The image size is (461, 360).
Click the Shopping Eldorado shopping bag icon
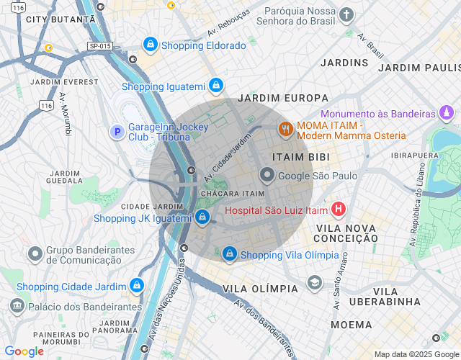pyautogui.click(x=150, y=45)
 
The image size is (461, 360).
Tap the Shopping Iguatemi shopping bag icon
pyautogui.click(x=215, y=86)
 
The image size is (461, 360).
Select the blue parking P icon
pyautogui.click(x=116, y=131)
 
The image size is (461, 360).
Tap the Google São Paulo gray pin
pyautogui.click(x=267, y=175)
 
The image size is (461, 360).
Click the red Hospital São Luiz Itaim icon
pyautogui.click(x=338, y=210)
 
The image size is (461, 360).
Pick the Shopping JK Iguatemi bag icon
pyautogui.click(x=202, y=217)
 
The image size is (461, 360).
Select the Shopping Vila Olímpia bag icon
pyautogui.click(x=229, y=254)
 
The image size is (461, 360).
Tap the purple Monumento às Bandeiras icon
pyautogui.click(x=447, y=113)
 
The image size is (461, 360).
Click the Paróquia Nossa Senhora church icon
pyautogui.click(x=347, y=15)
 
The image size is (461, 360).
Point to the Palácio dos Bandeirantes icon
pyautogui.click(x=17, y=307)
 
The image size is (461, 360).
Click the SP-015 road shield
pyautogui.click(x=100, y=46)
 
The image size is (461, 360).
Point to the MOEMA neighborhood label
pyautogui.click(x=352, y=325)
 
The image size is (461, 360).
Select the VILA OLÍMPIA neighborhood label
pyautogui.click(x=260, y=288)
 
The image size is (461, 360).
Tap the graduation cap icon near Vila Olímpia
pyautogui.click(x=313, y=282)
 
